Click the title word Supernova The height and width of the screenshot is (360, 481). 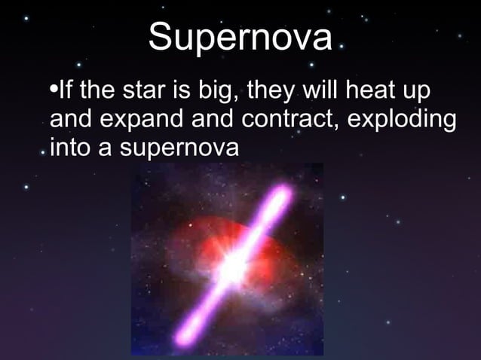tap(240, 38)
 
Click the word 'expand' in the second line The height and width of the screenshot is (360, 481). tap(139, 122)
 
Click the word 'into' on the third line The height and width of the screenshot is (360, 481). tap(72, 148)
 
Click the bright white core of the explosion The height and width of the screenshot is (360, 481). tap(235, 263)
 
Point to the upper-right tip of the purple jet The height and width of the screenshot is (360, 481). tap(282, 195)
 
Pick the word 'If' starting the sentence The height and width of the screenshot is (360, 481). tap(66, 94)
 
